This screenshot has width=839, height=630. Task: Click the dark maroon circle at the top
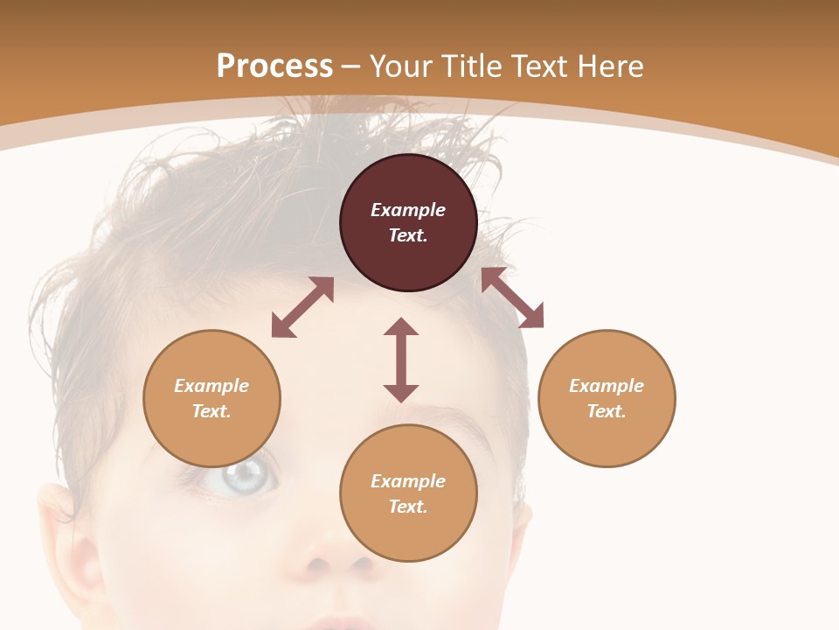[408, 222]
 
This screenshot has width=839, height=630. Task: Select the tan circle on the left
[211, 398]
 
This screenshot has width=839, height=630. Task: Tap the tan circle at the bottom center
[408, 493]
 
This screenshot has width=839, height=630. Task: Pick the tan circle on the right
[607, 398]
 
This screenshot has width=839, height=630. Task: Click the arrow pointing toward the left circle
[302, 307]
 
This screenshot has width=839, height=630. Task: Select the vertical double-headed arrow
[401, 360]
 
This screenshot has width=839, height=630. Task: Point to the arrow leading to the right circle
[512, 297]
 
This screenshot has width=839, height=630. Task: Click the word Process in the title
[274, 66]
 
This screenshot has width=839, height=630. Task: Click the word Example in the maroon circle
[408, 210]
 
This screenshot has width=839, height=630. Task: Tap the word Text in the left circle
[211, 411]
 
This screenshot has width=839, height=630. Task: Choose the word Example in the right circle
[607, 386]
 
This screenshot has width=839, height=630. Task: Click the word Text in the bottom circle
[407, 507]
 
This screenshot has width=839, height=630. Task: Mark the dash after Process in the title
[351, 66]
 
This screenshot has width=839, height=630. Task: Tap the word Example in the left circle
[211, 386]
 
